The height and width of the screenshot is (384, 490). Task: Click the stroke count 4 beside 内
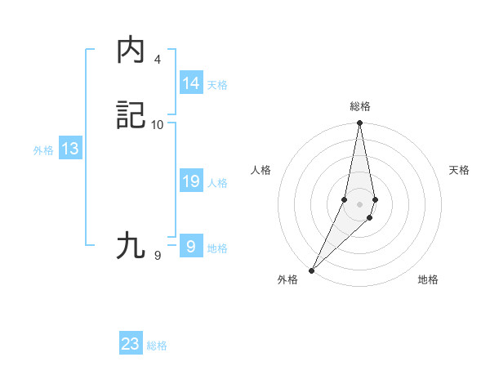(158, 60)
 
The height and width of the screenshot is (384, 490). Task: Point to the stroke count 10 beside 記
(158, 124)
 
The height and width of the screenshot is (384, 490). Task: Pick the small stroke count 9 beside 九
(158, 255)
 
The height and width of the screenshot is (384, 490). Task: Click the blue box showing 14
(191, 83)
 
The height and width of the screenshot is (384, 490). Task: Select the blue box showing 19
(191, 181)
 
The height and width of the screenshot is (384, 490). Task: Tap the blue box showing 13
(70, 149)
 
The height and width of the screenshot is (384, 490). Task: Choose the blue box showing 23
(131, 344)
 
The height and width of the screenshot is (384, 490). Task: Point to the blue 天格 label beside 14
(217, 85)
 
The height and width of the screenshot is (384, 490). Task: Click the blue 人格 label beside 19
(217, 183)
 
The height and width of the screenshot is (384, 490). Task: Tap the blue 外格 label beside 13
(43, 150)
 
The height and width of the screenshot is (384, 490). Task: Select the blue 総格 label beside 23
(157, 346)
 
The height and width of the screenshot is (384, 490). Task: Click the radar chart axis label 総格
(360, 106)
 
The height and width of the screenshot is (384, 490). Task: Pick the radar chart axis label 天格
(459, 170)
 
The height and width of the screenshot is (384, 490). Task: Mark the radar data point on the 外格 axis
(311, 270)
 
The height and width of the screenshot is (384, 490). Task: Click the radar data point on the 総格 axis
(360, 123)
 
